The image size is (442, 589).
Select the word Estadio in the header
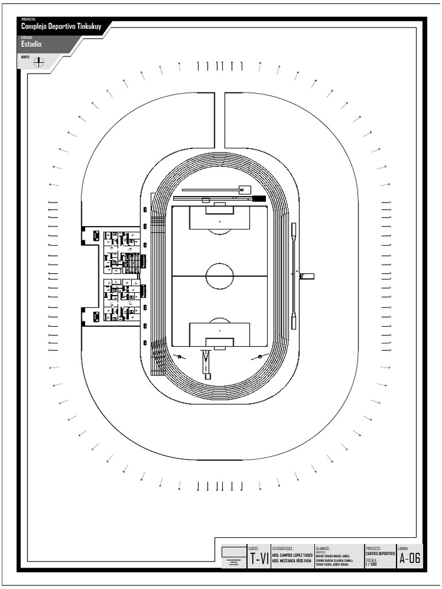(32, 44)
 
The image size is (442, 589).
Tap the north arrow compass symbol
(39, 62)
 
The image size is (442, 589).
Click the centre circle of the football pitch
(220, 276)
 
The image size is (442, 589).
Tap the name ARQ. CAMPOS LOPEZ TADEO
(292, 555)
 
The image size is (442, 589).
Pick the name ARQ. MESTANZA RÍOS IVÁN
(292, 561)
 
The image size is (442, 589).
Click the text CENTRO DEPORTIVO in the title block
(380, 553)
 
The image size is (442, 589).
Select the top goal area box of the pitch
(220, 211)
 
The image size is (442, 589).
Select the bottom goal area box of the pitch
(220, 342)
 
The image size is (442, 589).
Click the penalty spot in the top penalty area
(220, 221)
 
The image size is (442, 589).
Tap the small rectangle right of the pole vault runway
(245, 189)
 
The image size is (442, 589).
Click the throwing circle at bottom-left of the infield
(180, 357)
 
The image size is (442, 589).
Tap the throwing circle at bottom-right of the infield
(260, 357)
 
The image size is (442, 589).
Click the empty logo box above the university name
(234, 552)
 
